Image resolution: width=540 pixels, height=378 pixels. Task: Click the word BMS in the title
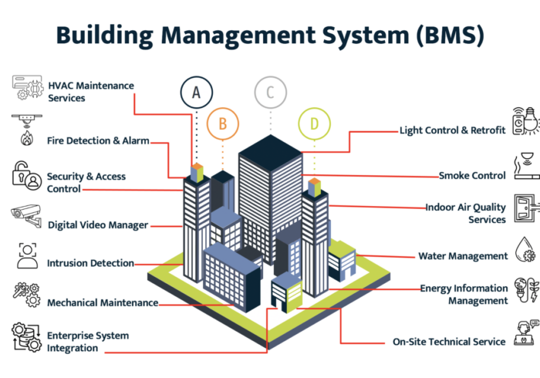[x=450, y=35]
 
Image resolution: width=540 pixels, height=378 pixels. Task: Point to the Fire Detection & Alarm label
[x=98, y=140]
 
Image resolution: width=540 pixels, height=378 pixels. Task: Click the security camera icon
[x=26, y=215]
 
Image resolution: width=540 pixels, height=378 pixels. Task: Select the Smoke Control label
[x=472, y=176]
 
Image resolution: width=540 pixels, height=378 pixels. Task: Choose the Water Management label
[x=463, y=256]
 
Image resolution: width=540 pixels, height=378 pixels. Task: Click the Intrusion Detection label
[x=90, y=263]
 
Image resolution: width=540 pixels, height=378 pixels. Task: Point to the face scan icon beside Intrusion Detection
[x=27, y=256]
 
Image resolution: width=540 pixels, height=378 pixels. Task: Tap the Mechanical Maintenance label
[x=103, y=302]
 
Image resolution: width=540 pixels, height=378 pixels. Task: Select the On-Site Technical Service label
[x=449, y=342]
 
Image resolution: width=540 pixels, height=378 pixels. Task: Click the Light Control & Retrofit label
[x=452, y=130]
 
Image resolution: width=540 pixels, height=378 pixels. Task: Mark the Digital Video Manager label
[x=98, y=224]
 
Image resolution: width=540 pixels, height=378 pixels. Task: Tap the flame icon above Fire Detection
[x=27, y=138]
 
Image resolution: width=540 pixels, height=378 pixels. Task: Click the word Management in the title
[x=238, y=35]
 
